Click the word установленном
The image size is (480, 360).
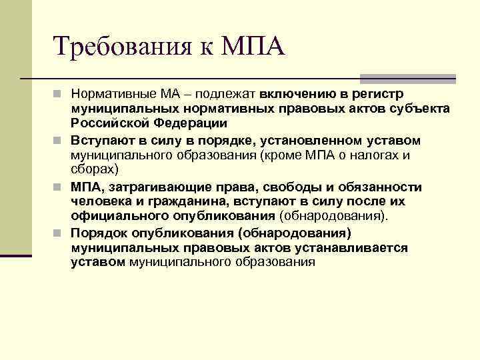pyautogui.click(x=313, y=139)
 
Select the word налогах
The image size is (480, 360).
pyautogui.click(x=378, y=155)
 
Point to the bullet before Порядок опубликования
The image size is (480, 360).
pyautogui.click(x=60, y=233)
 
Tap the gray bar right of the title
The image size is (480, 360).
pyautogui.click(x=407, y=78)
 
